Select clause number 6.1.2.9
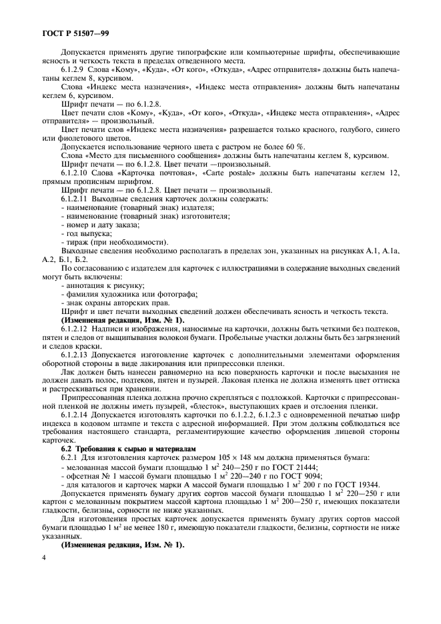tap(75, 69)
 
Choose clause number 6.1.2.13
tap(77, 355)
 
